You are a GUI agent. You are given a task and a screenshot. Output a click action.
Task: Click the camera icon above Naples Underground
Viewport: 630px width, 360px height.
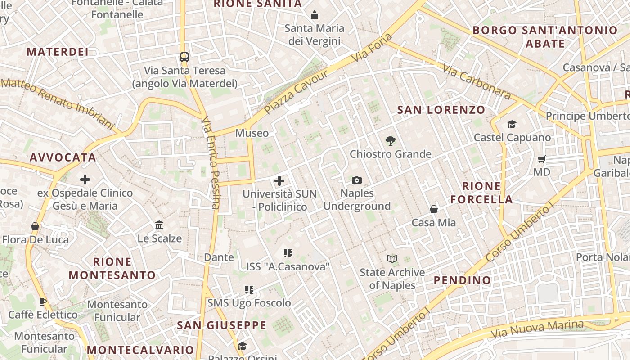357,180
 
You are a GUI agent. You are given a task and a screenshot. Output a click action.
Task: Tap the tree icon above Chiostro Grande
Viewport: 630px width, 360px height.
391,141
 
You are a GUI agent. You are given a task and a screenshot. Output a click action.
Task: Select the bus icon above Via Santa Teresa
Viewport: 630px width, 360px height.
184,57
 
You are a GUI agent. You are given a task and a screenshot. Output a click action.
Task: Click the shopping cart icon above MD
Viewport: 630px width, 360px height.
542,159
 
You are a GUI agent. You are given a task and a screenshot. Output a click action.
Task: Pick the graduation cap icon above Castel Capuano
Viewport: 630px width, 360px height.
512,124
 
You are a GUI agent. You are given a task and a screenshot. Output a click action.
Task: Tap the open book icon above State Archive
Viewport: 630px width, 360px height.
392,259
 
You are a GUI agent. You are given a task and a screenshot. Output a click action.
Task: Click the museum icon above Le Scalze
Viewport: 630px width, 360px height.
159,225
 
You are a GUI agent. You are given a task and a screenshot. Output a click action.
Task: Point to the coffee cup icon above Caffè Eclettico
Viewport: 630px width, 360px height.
43,301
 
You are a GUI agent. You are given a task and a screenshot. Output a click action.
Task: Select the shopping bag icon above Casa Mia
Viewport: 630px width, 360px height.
434,209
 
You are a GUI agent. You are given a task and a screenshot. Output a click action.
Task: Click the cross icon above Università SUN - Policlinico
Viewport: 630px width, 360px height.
279,181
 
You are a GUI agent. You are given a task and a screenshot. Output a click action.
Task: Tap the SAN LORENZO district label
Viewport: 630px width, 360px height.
441,110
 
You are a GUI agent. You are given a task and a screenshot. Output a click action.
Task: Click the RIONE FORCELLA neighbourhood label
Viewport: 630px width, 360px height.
481,193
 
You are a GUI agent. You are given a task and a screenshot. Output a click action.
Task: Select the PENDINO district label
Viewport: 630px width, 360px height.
462,280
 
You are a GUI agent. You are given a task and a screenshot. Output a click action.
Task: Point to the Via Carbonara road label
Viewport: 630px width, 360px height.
477,81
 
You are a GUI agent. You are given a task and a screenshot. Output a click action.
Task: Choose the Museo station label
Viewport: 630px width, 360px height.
252,133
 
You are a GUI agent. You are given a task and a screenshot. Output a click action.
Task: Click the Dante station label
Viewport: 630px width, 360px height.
219,257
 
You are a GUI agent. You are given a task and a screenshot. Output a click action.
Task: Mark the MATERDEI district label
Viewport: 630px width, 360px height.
58,52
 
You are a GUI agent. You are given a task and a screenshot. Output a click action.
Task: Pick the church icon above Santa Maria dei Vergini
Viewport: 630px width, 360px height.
315,15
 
